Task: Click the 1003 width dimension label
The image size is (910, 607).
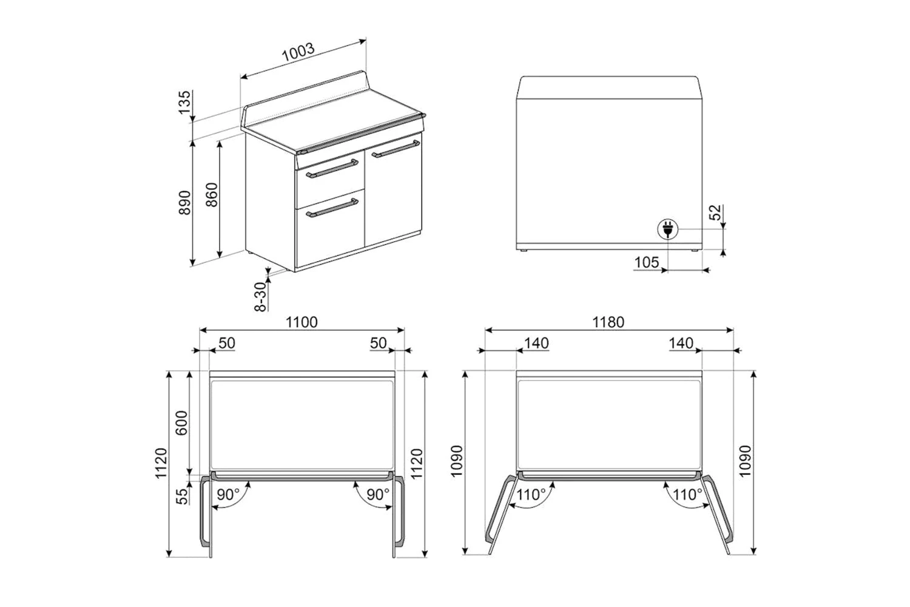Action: click(298, 52)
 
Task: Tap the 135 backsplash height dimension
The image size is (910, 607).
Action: click(184, 102)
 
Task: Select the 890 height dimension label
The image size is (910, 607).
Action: click(184, 202)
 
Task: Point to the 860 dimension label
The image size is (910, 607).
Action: click(212, 195)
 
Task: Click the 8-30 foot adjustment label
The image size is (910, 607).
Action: click(260, 296)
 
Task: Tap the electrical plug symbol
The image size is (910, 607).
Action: click(668, 229)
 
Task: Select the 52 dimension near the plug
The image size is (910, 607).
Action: click(715, 212)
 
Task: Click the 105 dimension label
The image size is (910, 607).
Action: click(646, 262)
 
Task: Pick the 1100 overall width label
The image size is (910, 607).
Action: click(302, 322)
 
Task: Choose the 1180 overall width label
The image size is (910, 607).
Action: click(608, 322)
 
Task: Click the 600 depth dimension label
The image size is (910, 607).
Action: click(181, 423)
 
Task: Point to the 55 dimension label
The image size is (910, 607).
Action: click(183, 496)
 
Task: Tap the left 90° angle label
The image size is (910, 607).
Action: click(228, 494)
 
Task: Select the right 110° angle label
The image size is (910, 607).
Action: click(687, 494)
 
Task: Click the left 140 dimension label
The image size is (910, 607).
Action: click(536, 343)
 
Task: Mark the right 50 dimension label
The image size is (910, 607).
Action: click(378, 343)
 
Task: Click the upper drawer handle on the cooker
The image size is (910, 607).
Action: click(332, 168)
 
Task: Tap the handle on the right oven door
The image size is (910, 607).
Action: click(396, 148)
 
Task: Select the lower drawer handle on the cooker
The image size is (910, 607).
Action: click(332, 208)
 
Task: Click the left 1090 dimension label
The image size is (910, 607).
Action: click(457, 461)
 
